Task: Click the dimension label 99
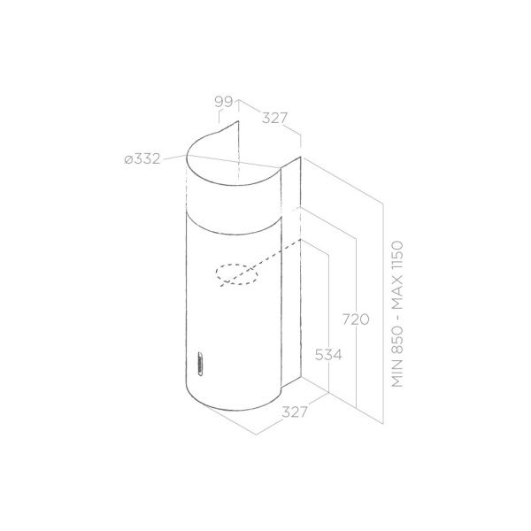pyautogui.click(x=224, y=102)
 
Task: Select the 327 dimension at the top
pyautogui.click(x=274, y=119)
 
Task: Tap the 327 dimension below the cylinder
pyautogui.click(x=295, y=412)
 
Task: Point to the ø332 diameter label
pyautogui.click(x=142, y=159)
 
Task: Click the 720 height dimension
pyautogui.click(x=356, y=319)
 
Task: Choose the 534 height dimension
pyautogui.click(x=328, y=355)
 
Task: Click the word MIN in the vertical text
pyautogui.click(x=397, y=374)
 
